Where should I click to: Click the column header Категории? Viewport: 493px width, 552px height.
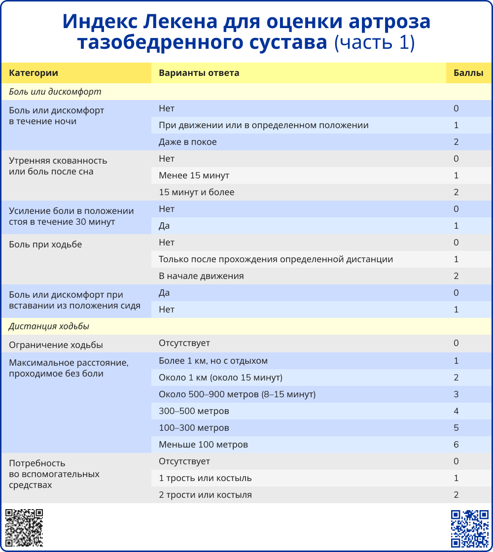[34, 73]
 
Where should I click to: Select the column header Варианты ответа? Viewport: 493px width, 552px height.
[199, 73]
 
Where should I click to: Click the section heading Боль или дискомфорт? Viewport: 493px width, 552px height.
[55, 92]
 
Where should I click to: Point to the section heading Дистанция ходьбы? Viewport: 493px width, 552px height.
[49, 326]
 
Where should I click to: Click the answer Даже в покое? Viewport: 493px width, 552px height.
[187, 142]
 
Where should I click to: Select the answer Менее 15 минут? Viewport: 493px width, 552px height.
[194, 175]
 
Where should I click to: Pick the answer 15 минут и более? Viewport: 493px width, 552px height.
[196, 192]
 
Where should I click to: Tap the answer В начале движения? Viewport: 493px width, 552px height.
[201, 276]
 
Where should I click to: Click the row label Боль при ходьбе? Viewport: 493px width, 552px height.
[45, 244]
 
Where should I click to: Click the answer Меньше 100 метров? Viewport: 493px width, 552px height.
[203, 445]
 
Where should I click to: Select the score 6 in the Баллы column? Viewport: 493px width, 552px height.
[456, 445]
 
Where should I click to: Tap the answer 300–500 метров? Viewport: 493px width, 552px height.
[194, 411]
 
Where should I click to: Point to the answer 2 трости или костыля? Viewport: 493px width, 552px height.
[205, 495]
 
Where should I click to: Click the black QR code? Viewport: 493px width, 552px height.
[24, 528]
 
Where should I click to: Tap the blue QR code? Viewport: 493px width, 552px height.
[469, 528]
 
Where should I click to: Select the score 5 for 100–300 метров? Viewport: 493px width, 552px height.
[456, 428]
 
